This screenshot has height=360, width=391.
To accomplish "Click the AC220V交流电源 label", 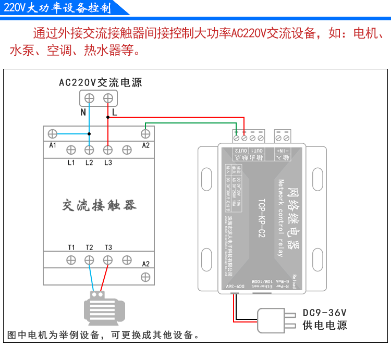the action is pos(100,82).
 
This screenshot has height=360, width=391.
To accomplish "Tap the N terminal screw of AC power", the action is pos(89,98).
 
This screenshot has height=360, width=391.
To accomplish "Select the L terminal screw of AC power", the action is pos(108,98).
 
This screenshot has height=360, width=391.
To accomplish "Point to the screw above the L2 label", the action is pos(89,150).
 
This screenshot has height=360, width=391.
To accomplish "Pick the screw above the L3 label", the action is pos(108,150).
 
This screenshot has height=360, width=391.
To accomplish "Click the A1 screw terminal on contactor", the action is pos(52,133).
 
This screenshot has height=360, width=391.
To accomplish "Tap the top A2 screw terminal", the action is pos(146,133).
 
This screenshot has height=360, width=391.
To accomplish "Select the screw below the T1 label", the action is pos(71,260).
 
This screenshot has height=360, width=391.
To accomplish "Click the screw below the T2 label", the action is pos(89,260).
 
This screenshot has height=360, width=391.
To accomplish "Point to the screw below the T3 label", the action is pos(108,260).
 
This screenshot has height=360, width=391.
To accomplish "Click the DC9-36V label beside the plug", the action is pos(324,313).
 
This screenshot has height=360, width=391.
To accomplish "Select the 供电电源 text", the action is pos(324,326).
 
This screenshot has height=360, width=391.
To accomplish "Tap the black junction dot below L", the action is pos(108,117).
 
